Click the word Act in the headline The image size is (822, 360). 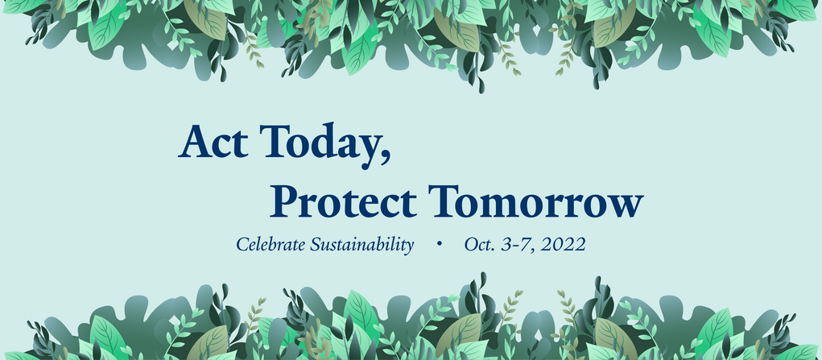[213, 142]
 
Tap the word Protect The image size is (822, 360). [344, 201]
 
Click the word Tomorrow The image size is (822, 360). [535, 201]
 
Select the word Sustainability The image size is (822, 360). [362, 245]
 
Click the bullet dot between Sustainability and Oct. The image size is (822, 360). [439, 243]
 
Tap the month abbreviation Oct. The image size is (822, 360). [479, 245]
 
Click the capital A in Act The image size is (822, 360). [195, 141]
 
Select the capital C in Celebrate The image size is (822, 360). [242, 245]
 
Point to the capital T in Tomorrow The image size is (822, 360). [444, 201]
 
